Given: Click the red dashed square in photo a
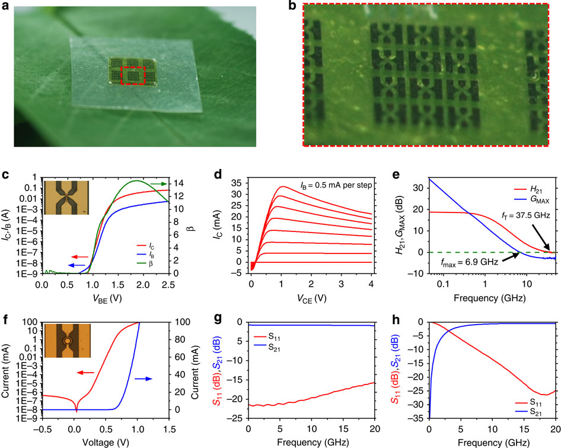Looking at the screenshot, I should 133,77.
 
